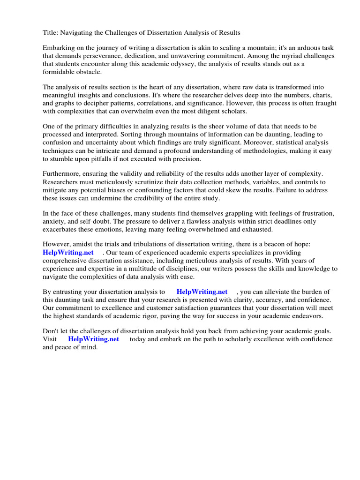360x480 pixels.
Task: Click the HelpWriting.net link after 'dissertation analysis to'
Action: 202,292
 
